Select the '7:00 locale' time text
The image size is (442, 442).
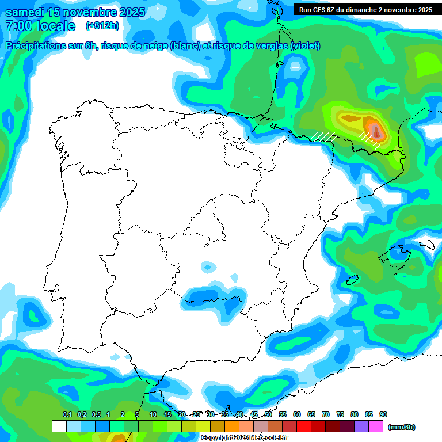pos(40,26)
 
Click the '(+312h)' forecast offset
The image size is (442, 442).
pos(102,26)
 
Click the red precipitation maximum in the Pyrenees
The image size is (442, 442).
pos(376,132)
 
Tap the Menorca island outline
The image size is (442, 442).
pos(426,244)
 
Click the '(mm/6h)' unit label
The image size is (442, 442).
pos(401,427)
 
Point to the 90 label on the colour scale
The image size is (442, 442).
pos(383,414)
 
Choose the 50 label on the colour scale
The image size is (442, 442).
pos(268,414)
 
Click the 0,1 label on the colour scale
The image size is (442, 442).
pos(67,414)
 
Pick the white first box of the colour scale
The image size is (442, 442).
pos(59,426)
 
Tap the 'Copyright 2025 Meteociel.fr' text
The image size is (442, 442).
pos(244,438)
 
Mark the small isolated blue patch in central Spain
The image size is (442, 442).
pos(207,266)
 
